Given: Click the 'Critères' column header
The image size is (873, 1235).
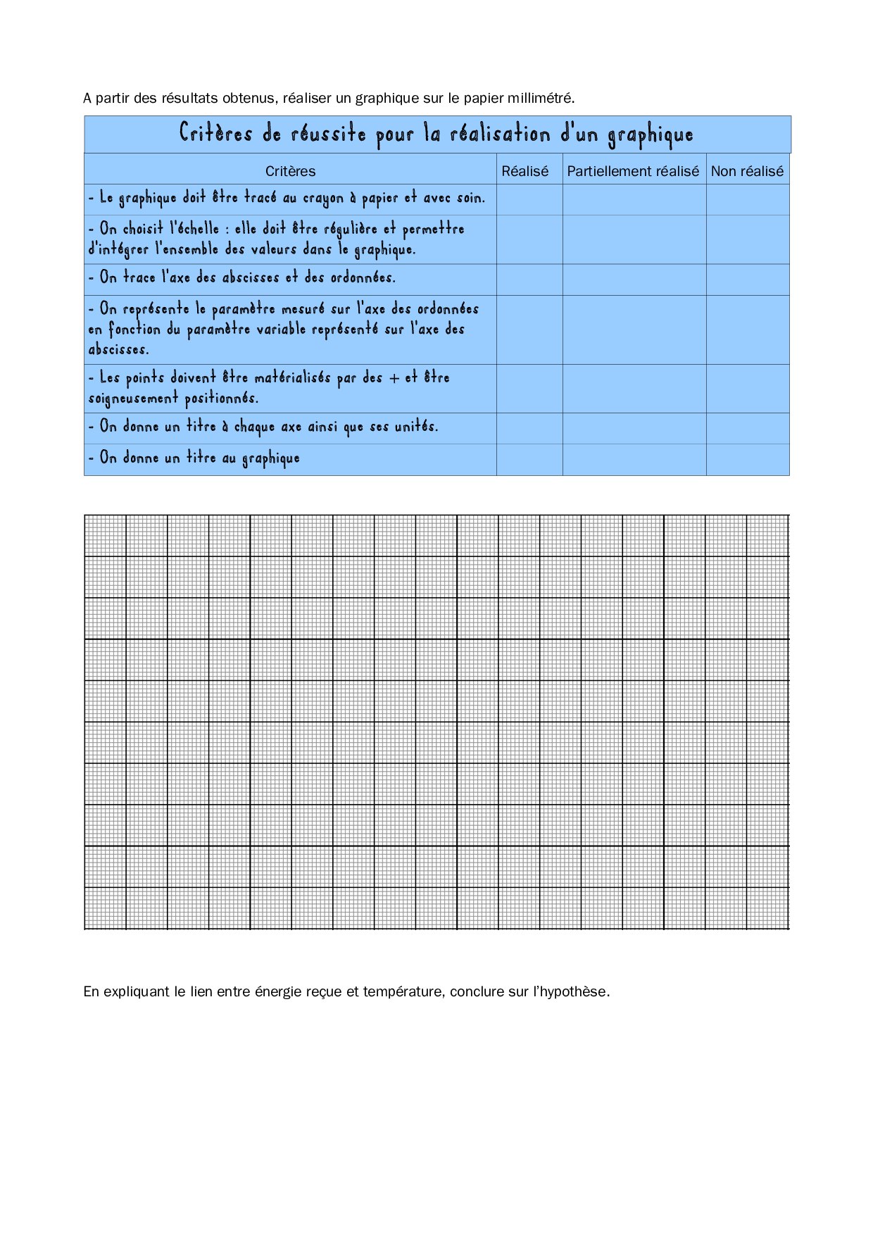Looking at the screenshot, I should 290,171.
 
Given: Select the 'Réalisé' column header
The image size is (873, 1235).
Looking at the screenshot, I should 525,171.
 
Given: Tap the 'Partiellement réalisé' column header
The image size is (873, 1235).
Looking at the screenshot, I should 633,171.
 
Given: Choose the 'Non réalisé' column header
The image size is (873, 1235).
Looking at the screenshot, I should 747,171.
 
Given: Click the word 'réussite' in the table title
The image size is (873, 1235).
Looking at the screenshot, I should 328,134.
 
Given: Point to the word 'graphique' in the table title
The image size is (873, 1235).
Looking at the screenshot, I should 651,135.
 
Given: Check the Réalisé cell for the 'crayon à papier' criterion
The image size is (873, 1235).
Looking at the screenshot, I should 529,199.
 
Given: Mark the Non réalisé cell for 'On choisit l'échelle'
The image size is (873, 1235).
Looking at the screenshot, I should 748,239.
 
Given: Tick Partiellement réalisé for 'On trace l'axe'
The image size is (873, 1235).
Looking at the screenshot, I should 634,280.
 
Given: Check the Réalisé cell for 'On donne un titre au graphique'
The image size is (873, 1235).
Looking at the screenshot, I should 529,459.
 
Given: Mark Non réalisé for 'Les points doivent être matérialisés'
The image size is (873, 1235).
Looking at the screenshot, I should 748,388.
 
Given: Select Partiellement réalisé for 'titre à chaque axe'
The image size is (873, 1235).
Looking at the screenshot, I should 634,428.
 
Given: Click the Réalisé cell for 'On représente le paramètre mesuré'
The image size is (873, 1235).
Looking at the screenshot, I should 529,330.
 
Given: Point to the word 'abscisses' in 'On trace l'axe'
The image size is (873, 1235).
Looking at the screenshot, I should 251,277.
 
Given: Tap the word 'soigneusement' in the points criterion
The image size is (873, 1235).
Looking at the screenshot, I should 133,399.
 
